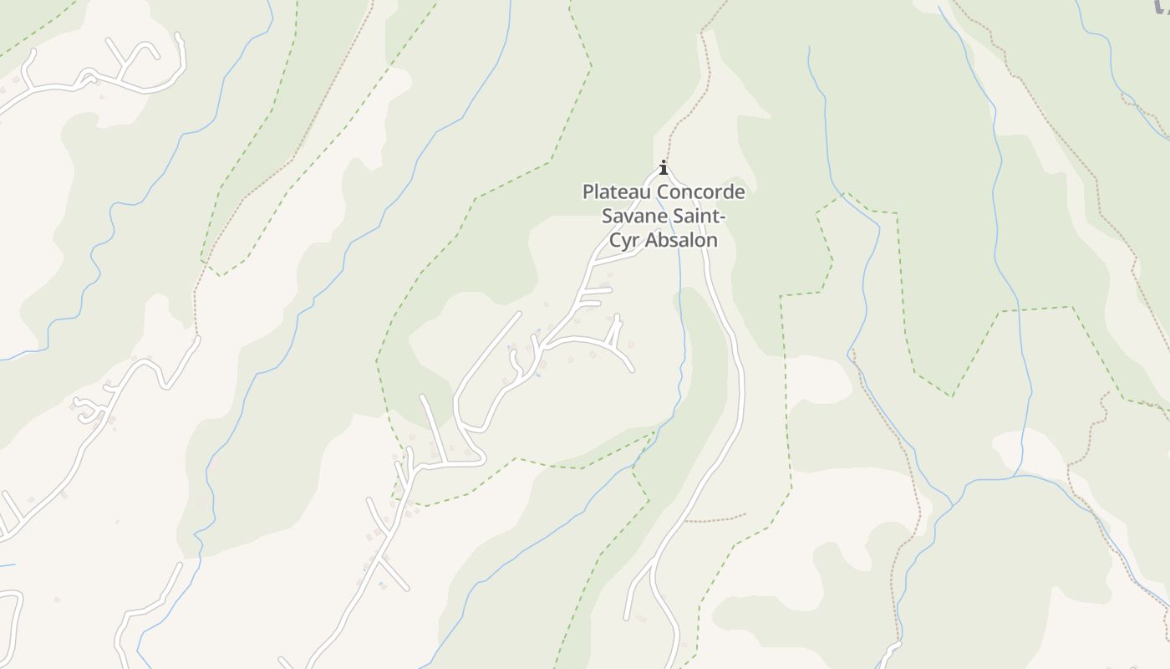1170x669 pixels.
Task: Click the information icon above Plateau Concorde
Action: point(664,167)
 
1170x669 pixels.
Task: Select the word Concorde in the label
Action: point(701,192)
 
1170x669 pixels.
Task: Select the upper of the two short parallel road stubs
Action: point(598,290)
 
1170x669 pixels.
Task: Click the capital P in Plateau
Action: point(588,192)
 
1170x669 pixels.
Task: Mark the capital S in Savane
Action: point(608,217)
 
